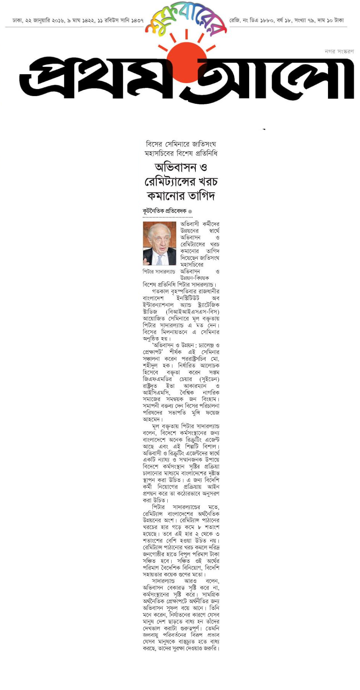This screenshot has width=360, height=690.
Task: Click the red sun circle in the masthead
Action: pos(186,63)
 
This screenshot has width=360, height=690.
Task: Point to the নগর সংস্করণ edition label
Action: pos(339,51)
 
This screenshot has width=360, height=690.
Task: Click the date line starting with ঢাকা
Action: pos(78,20)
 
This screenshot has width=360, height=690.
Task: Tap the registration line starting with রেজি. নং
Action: pos(286,20)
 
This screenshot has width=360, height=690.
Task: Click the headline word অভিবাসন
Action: pos(175,168)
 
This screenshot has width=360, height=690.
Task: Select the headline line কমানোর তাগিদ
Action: pos(181,196)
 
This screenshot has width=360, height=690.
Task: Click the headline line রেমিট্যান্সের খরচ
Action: pos(181,181)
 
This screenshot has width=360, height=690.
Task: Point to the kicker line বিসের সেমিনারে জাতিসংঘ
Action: pos(181,144)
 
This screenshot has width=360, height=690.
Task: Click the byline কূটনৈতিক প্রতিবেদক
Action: pos(165,211)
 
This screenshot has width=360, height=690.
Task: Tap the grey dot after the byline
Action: pos(190,212)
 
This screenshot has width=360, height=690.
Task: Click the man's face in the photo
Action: pos(159,238)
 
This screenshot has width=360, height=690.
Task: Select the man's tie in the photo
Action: pos(160,259)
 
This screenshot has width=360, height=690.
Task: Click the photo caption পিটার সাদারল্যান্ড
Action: pos(159,272)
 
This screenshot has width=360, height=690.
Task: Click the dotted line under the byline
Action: pos(168,217)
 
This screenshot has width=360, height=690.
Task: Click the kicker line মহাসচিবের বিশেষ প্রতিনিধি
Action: pos(181,153)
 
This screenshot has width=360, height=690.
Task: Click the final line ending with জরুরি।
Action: pos(181,648)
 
